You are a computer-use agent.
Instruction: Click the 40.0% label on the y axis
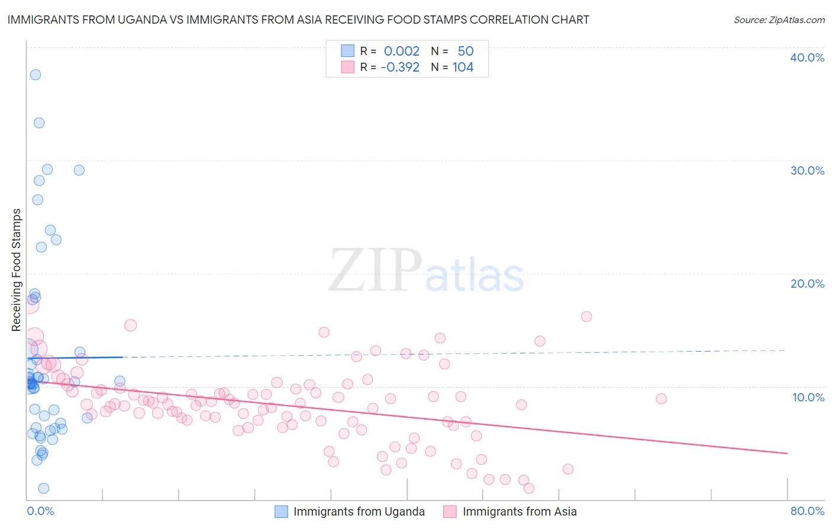click(x=807, y=57)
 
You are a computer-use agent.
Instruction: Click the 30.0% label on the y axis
click(x=807, y=170)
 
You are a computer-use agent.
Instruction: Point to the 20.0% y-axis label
click(x=807, y=284)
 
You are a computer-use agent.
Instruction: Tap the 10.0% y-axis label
click(x=808, y=397)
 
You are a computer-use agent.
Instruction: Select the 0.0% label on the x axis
click(x=40, y=511)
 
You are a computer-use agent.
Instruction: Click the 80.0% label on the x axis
click(x=807, y=511)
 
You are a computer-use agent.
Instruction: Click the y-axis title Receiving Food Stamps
click(x=16, y=270)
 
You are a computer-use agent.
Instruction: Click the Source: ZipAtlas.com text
click(x=779, y=20)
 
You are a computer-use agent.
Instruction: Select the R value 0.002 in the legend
click(x=401, y=51)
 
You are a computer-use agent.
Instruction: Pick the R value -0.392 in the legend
click(x=400, y=67)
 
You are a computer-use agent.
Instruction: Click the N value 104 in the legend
click(x=463, y=67)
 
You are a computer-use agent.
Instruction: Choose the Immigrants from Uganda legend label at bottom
click(x=359, y=511)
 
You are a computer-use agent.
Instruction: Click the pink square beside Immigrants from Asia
click(x=450, y=511)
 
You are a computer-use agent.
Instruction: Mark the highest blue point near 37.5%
click(x=36, y=75)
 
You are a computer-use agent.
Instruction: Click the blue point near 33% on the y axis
click(x=39, y=123)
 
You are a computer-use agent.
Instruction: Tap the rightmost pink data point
click(x=661, y=399)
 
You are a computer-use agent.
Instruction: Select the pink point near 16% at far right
click(x=586, y=317)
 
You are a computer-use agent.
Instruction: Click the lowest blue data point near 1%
click(x=43, y=488)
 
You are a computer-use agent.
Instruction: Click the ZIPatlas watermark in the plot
click(x=426, y=271)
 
